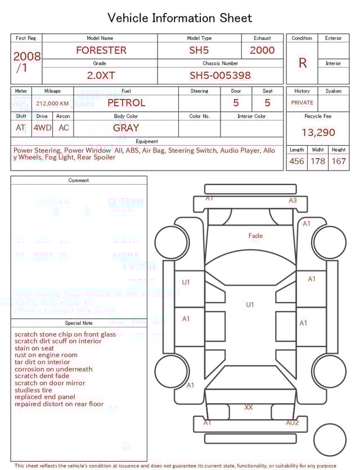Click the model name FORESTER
coord(101,50)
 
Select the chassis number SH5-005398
coord(220,75)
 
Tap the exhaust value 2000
coord(262,50)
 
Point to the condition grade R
coord(302,63)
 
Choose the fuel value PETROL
coord(126,103)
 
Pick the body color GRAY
coord(126,128)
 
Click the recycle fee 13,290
coord(318,133)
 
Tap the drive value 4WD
coord(42,128)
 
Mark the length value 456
coord(296,162)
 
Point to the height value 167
coord(339,162)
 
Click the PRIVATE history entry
coord(302,103)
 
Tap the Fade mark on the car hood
coord(255,236)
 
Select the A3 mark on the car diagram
coord(292,200)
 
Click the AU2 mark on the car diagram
coord(292,423)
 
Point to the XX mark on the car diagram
coord(249,407)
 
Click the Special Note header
coord(79,323)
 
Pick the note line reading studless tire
coord(33,390)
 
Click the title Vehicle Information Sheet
coord(180,18)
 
